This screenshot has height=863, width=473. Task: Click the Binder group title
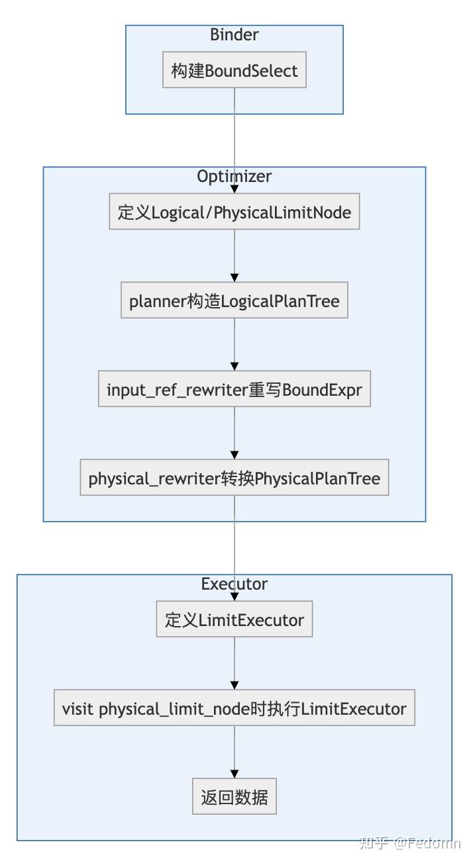pyautogui.click(x=234, y=34)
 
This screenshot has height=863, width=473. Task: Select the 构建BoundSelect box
pyautogui.click(x=235, y=70)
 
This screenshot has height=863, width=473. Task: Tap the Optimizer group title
pyautogui.click(x=234, y=176)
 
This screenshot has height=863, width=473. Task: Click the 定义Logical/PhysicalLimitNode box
pyautogui.click(x=235, y=212)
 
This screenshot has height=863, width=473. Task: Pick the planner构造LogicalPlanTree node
pyautogui.click(x=235, y=301)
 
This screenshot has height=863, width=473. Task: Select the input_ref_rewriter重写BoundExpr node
pyautogui.click(x=235, y=389)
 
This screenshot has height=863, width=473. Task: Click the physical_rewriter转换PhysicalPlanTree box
pyautogui.click(x=235, y=478)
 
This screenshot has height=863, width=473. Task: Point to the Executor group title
pyautogui.click(x=234, y=584)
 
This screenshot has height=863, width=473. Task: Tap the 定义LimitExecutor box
pyautogui.click(x=235, y=619)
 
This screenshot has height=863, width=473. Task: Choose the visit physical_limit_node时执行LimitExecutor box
pyautogui.click(x=235, y=708)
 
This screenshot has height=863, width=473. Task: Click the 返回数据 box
pyautogui.click(x=235, y=797)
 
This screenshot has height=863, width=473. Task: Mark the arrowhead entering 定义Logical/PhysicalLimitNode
pyautogui.click(x=235, y=189)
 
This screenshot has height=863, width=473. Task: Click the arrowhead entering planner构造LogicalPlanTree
pyautogui.click(x=235, y=278)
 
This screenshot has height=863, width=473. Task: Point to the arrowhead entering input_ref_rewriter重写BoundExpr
pyautogui.click(x=235, y=366)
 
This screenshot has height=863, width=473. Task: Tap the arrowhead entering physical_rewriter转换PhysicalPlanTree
pyautogui.click(x=235, y=455)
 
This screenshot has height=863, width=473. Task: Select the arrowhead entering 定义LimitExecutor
pyautogui.click(x=235, y=596)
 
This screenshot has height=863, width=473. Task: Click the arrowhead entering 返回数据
pyautogui.click(x=235, y=774)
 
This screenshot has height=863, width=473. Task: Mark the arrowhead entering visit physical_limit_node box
pyautogui.click(x=235, y=685)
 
